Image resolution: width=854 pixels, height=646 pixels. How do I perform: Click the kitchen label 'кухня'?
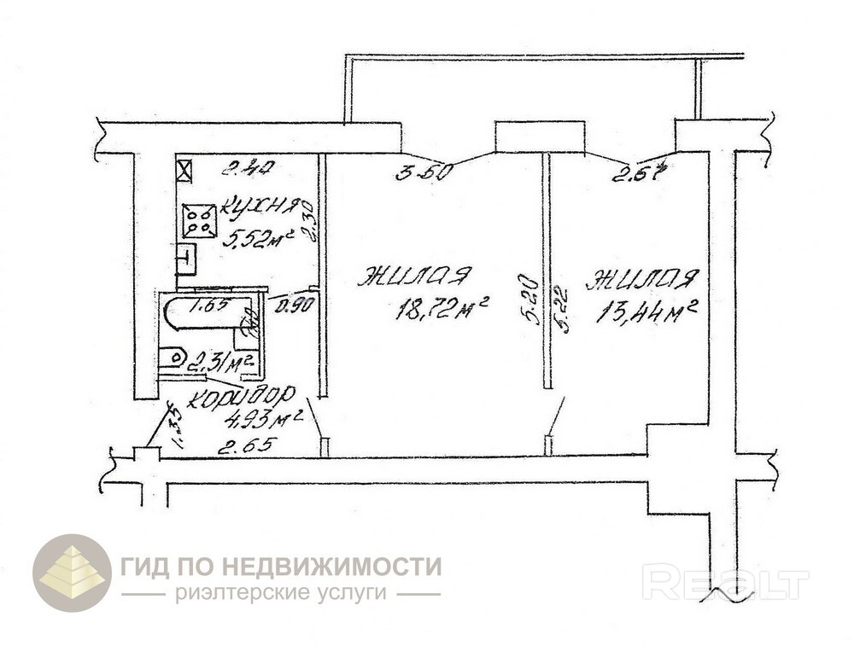[260, 207]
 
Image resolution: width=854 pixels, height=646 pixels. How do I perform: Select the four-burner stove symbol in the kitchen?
[198, 222]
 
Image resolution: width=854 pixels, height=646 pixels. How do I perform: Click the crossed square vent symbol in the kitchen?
[184, 168]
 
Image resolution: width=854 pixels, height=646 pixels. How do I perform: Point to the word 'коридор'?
[242, 397]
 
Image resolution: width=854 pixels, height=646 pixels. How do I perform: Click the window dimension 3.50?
[424, 172]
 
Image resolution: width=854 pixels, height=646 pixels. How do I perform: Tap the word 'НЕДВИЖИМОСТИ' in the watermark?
[332, 566]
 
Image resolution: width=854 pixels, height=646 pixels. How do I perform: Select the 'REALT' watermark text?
[725, 584]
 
